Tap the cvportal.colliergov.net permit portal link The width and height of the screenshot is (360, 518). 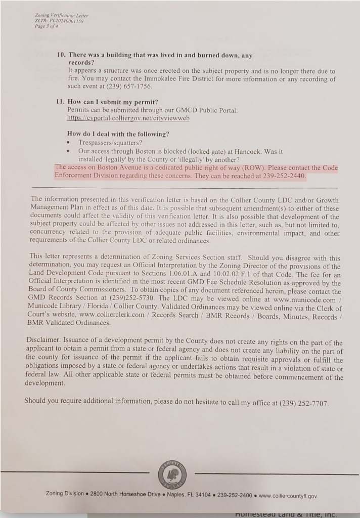[x=128, y=118]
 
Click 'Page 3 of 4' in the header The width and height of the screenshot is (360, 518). [x=46, y=27]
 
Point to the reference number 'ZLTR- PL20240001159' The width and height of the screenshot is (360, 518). [x=59, y=22]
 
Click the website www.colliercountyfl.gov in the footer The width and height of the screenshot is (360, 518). [x=288, y=496]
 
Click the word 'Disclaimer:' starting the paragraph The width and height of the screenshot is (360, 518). [x=43, y=342]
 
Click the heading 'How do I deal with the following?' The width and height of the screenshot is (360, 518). [x=118, y=134]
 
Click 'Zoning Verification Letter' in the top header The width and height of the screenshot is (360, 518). [x=61, y=16]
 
